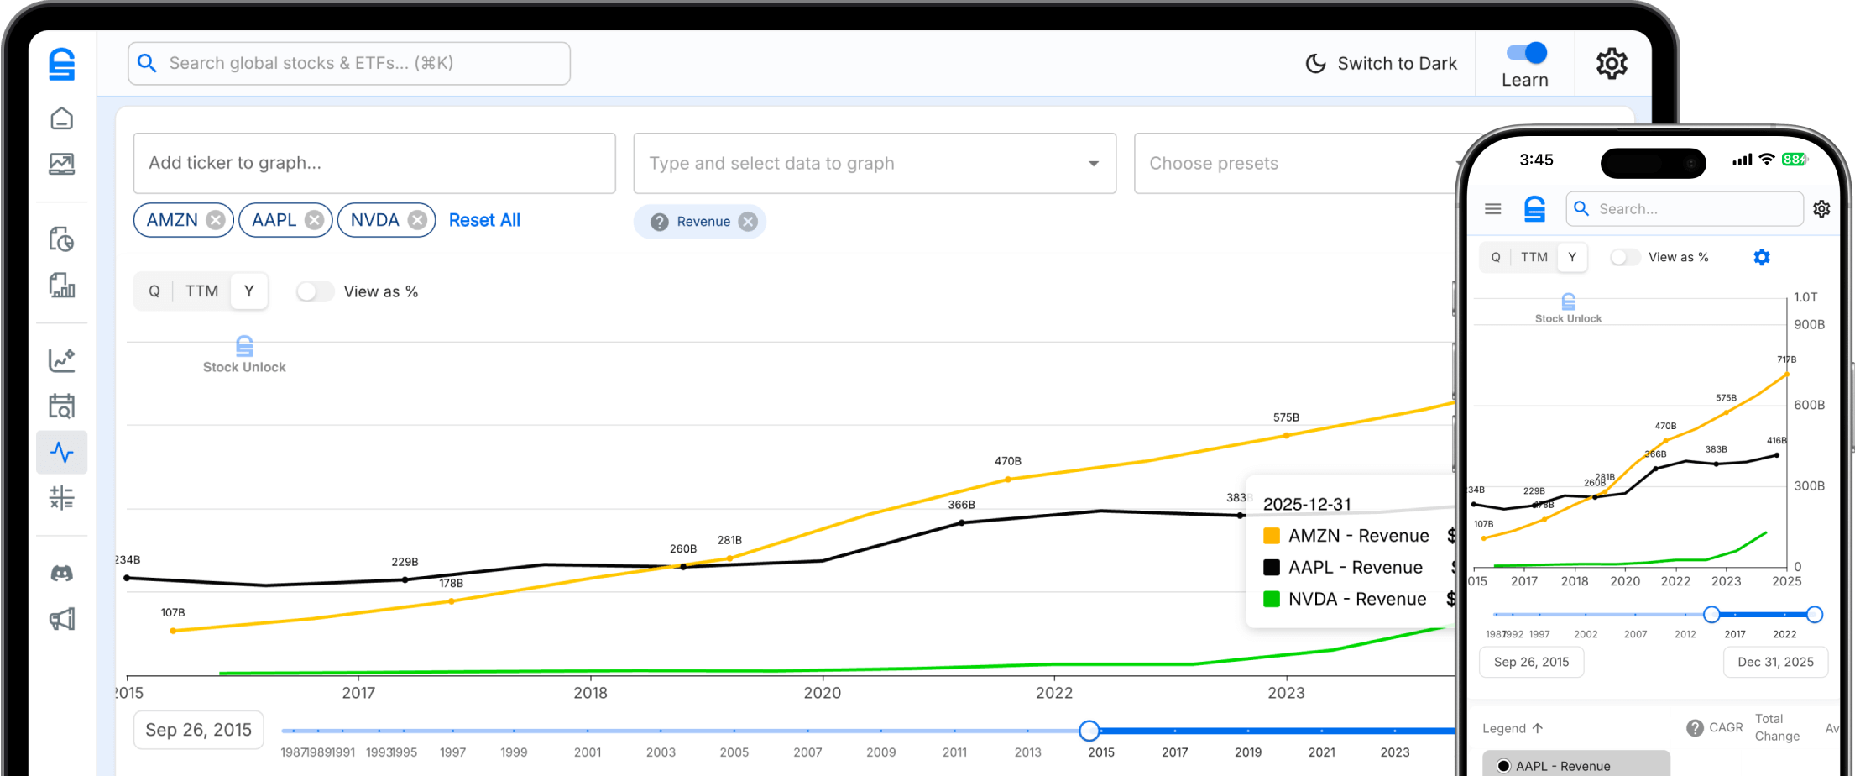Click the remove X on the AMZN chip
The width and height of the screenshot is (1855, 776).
(216, 220)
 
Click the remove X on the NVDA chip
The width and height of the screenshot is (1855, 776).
(417, 220)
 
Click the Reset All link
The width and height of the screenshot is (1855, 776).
(484, 220)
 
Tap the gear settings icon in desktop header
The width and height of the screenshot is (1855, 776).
(1611, 64)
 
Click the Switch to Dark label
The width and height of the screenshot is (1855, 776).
(1397, 64)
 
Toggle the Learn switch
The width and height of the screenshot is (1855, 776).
(1527, 53)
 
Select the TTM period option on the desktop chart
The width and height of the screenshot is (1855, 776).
(201, 291)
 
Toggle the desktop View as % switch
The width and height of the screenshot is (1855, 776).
(315, 291)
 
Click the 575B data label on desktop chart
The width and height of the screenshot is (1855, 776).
(1285, 417)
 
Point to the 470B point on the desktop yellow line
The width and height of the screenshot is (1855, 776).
(1008, 480)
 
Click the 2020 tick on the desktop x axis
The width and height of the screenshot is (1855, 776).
(822, 693)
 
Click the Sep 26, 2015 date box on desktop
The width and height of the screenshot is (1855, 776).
(198, 730)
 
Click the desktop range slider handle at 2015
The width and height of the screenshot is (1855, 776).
(1089, 731)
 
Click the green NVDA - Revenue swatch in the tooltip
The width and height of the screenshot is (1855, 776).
(1271, 599)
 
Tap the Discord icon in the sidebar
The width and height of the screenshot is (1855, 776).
(62, 574)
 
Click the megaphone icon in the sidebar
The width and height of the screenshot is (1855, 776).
(62, 620)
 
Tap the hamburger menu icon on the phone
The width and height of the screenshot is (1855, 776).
(1492, 209)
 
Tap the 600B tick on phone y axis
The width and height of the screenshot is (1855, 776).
(1809, 405)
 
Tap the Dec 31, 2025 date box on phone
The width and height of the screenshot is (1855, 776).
(1775, 662)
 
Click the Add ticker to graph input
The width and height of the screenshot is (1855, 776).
(374, 163)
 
